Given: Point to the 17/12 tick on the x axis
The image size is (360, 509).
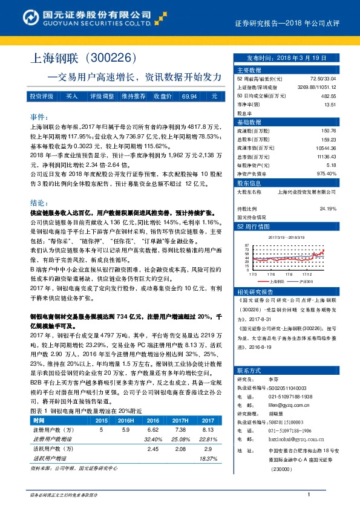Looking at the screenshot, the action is tap(314, 274).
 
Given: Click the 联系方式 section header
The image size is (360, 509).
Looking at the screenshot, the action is tap(248, 370).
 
